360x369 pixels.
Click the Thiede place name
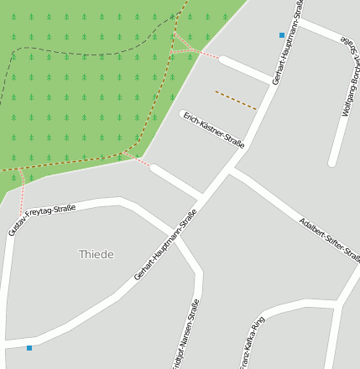point(96,254)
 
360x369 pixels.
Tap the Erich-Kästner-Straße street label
point(213,130)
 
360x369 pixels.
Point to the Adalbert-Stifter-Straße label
point(329,239)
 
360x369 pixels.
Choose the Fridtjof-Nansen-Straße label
point(185,335)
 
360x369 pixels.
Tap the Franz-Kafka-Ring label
point(253,341)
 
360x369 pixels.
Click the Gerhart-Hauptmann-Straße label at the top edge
point(288,42)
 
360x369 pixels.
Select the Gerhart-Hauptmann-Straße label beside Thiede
point(165,244)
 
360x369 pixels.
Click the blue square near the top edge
point(282,35)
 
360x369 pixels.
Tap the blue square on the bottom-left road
point(29,347)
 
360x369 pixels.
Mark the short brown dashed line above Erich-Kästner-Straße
point(236,100)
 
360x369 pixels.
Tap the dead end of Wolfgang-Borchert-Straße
point(332,162)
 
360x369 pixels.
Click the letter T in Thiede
point(82,254)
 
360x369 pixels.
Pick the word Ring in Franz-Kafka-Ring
point(259,324)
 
